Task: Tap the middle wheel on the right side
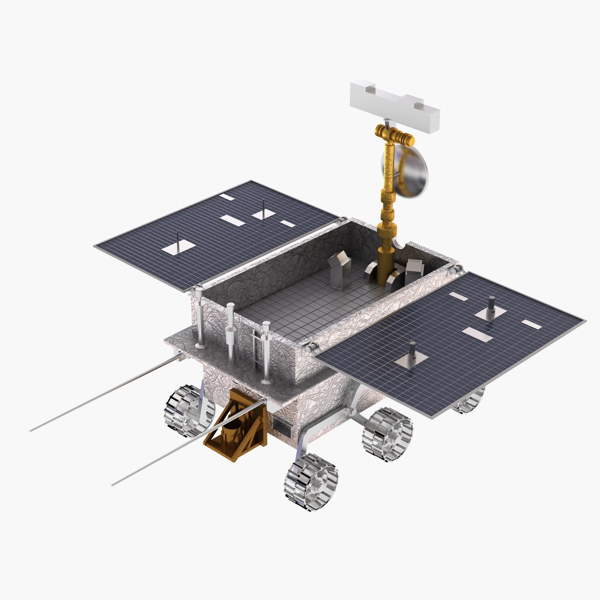(387, 434)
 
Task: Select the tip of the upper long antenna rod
(32, 430)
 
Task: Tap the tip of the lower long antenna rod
(113, 484)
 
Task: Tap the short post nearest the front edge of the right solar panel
(412, 352)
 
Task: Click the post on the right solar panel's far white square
(491, 306)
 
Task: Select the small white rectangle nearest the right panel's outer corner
(531, 324)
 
